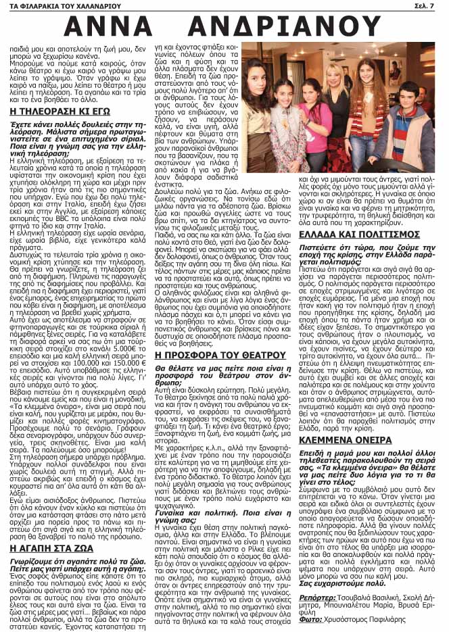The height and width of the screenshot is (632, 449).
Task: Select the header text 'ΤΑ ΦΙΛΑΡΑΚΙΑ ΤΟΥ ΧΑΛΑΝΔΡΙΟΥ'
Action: coord(53,6)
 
